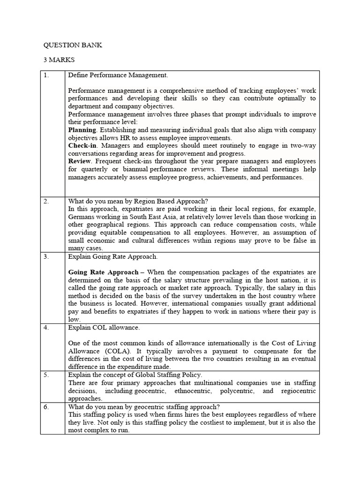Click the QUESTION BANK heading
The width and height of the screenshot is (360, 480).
73,45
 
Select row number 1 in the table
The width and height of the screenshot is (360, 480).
46,75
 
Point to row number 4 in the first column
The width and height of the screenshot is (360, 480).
46,328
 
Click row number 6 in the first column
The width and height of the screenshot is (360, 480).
46,407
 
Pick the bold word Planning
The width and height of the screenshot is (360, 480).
82,130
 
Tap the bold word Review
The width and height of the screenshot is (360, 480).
80,161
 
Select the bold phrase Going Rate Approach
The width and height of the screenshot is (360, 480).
103,272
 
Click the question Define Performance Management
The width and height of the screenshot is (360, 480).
118,75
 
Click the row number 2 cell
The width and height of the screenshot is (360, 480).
46,201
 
